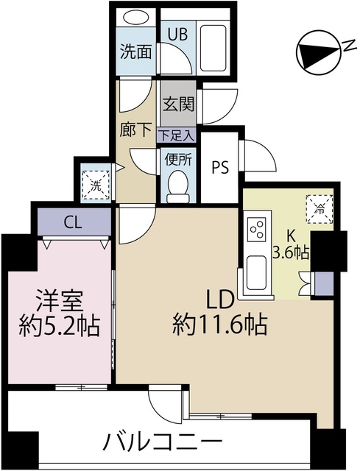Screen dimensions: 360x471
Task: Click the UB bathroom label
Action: click(x=177, y=34)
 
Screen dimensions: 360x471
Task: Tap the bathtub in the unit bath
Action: click(x=213, y=47)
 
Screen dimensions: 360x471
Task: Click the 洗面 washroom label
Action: click(x=135, y=52)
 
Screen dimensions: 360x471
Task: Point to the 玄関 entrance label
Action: click(x=178, y=104)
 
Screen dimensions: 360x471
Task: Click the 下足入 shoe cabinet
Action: click(x=177, y=135)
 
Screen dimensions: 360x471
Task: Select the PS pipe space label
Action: click(x=220, y=167)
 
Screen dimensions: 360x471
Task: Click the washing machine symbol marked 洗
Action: click(x=96, y=185)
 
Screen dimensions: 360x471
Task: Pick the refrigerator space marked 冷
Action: click(x=320, y=209)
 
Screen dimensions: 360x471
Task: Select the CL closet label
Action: click(x=72, y=222)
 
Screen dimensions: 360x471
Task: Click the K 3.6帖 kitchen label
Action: click(x=290, y=246)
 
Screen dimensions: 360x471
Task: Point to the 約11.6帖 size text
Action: click(x=219, y=325)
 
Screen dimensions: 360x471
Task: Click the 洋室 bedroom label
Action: click(x=60, y=300)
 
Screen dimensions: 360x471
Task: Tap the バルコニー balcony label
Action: click(x=162, y=441)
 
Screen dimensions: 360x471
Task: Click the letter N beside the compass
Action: click(x=349, y=46)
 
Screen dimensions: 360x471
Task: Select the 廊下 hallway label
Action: click(x=135, y=130)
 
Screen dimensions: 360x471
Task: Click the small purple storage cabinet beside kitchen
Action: click(x=324, y=283)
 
